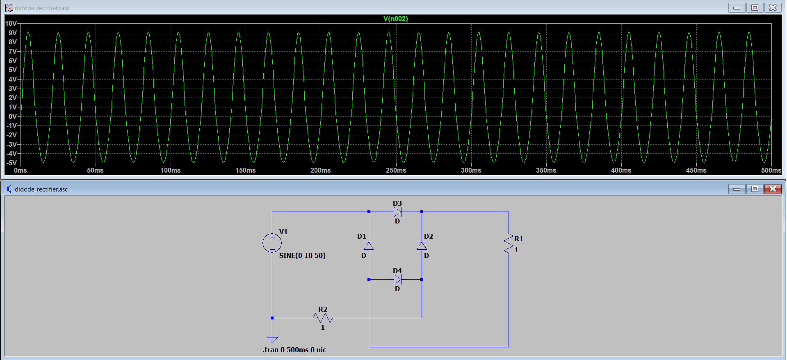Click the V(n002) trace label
point(395,18)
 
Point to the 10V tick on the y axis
point(11,23)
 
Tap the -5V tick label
point(11,163)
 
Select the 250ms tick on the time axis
point(396,170)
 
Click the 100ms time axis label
point(170,170)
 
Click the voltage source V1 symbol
point(272,243)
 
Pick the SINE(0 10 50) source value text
point(302,255)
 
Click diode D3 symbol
point(397,212)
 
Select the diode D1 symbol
point(369,246)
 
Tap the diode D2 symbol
point(422,246)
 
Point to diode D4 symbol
point(397,280)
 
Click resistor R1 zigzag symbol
point(509,244)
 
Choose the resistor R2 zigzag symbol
point(323,318)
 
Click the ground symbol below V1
point(272,339)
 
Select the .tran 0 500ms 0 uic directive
point(294,350)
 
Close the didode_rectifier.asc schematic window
point(773,189)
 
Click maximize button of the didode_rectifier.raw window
point(755,7)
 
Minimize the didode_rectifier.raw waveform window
point(737,7)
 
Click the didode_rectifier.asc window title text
point(41,189)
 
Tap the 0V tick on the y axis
point(13,116)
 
